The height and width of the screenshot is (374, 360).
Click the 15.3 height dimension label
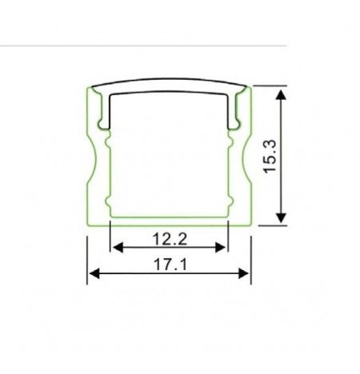click(x=270, y=157)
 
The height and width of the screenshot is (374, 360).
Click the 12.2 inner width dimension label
click(x=170, y=239)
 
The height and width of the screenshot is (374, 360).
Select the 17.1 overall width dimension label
click(x=170, y=265)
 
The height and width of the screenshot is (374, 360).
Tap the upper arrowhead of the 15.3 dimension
click(x=281, y=95)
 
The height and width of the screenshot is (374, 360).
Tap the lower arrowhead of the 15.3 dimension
click(x=281, y=218)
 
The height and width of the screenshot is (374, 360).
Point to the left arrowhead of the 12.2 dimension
click(x=118, y=248)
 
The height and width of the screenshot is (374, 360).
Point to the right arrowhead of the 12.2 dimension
click(x=220, y=248)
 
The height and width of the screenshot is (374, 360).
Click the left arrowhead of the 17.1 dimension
click(x=94, y=273)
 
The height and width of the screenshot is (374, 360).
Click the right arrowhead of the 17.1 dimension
click(x=243, y=273)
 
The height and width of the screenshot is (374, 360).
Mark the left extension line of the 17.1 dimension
click(x=87, y=261)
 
